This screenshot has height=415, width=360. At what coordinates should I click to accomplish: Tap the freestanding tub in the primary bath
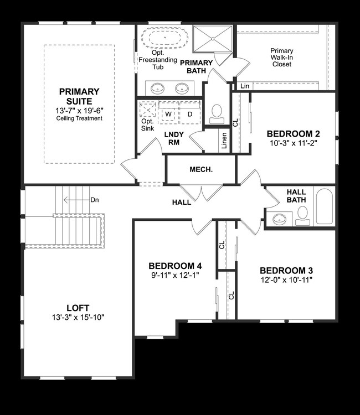164,38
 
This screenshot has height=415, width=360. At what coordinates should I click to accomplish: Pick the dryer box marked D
189,113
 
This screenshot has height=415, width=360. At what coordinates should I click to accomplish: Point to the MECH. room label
201,169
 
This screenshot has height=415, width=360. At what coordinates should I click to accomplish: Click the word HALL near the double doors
181,203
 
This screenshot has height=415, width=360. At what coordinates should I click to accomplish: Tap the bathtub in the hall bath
324,207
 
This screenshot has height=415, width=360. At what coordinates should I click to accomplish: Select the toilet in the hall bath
302,215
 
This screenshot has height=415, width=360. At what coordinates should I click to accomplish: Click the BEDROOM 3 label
286,271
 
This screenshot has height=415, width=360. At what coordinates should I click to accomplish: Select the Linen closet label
224,142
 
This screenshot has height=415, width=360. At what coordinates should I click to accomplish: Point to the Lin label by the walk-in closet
244,86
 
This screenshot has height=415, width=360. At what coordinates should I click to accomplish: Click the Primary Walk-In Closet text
281,58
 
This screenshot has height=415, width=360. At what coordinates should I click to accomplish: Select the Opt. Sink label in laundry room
147,124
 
